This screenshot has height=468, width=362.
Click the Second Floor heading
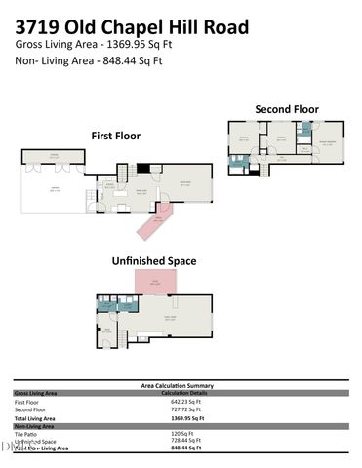(x=287, y=108)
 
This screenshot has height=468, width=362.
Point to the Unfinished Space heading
(x=153, y=261)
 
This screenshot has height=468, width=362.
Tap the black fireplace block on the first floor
(x=143, y=169)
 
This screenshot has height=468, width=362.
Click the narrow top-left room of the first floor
(x=54, y=156)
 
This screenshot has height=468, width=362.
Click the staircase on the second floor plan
(x=261, y=169)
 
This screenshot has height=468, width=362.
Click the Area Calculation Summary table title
(x=181, y=385)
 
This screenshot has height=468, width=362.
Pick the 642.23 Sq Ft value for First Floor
(x=184, y=401)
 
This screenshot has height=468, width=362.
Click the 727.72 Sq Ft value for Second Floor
(x=184, y=409)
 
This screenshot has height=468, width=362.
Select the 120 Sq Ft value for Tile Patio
(x=182, y=433)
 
